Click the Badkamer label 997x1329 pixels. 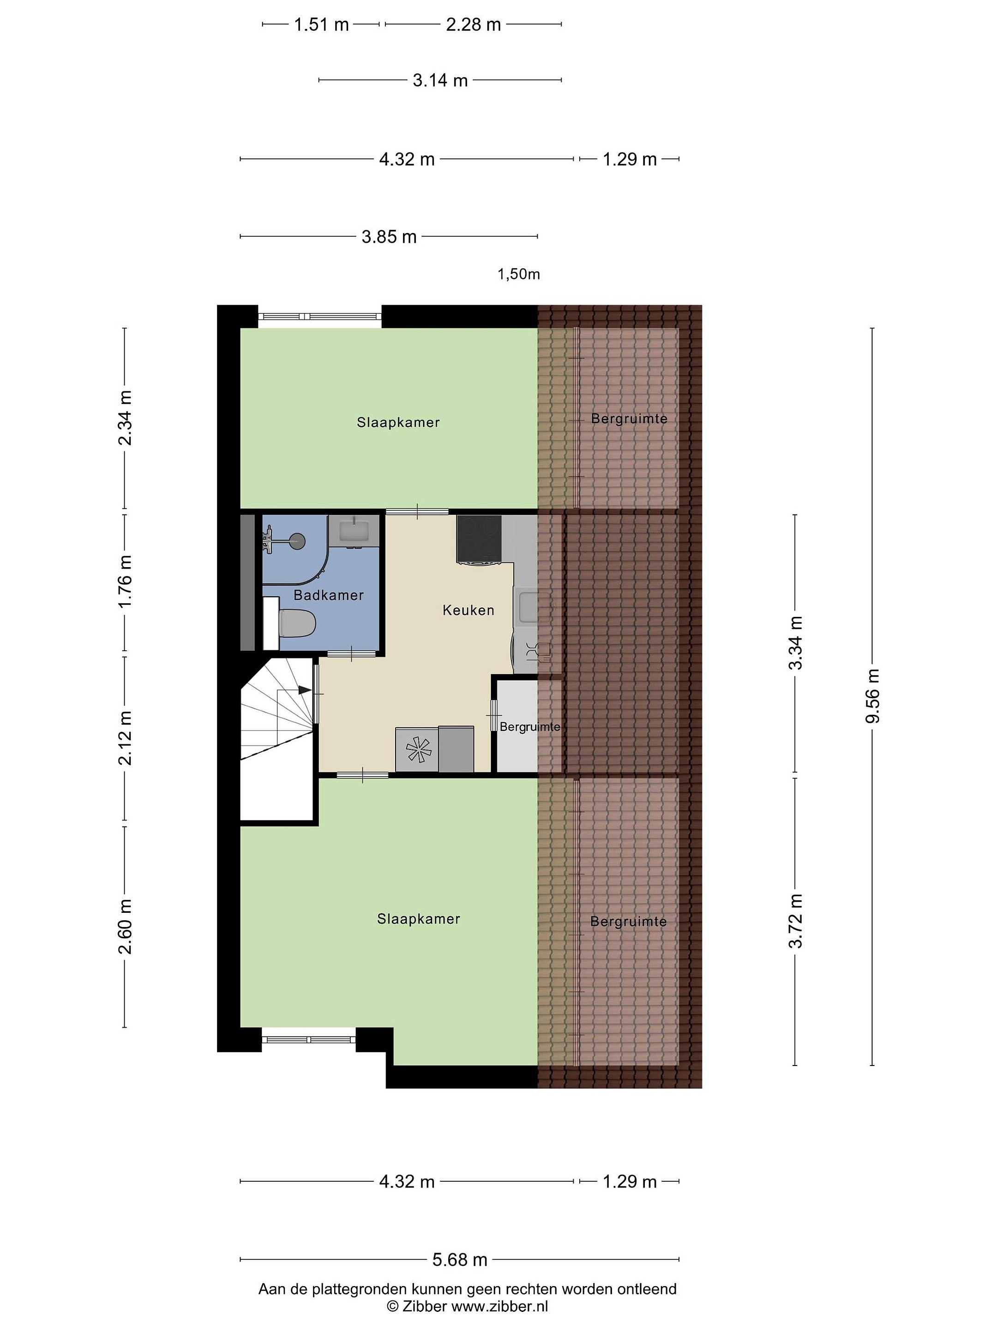click(328, 595)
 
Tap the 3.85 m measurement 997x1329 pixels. click(389, 237)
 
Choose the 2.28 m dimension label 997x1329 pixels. click(473, 24)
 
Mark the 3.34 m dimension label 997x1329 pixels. click(796, 643)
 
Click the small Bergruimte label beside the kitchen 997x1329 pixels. click(530, 727)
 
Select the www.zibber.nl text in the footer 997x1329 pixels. click(500, 1306)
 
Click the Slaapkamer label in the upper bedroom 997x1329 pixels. click(398, 422)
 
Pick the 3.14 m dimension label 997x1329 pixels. click(440, 80)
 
